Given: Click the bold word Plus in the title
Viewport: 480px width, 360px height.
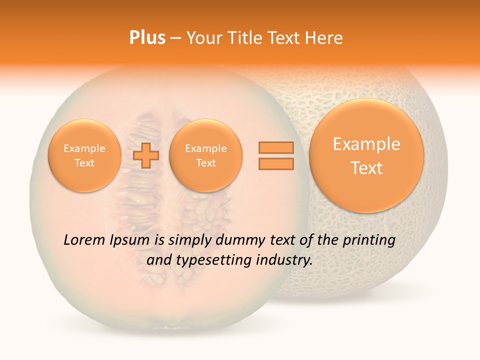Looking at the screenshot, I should tap(147, 38).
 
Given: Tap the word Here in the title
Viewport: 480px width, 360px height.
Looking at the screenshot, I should tap(325, 38).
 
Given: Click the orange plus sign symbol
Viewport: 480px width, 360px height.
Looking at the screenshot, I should tap(146, 155).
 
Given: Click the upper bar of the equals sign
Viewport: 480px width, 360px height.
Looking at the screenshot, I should tap(275, 147).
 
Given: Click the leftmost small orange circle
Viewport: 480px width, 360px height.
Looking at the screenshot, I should tap(84, 155).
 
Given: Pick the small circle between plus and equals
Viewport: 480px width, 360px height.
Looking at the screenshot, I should tap(205, 155).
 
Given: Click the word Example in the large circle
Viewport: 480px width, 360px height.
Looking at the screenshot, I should tap(366, 144).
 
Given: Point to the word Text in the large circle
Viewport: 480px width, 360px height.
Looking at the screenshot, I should tap(366, 168).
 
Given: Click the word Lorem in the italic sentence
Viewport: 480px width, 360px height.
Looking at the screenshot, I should tap(84, 240).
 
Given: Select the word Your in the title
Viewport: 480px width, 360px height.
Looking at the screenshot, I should tap(204, 38).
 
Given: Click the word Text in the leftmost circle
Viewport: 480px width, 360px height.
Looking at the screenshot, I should tap(84, 163).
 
